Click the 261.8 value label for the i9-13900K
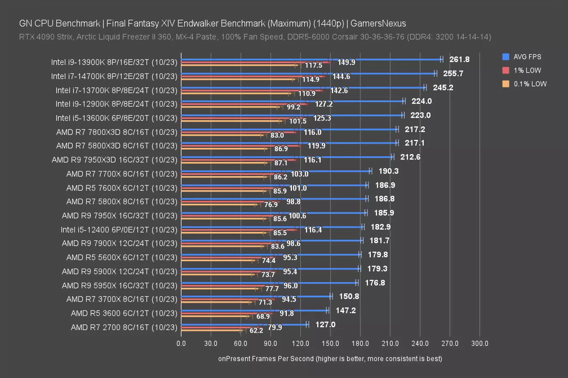[x=459, y=60]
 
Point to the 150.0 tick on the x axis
[x=330, y=344]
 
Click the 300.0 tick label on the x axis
[x=479, y=344]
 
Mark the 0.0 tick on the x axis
[x=181, y=344]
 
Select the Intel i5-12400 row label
[x=119, y=230]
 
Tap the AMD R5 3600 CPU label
[x=124, y=313]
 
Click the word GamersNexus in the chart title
[x=378, y=24]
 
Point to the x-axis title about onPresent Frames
[x=330, y=359]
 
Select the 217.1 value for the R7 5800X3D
[x=414, y=143]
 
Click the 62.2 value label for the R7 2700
[x=256, y=331]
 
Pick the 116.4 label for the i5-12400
[x=313, y=230]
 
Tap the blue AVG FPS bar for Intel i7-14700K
[x=308, y=73]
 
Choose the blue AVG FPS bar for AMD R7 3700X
[x=256, y=297]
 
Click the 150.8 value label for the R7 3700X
[x=349, y=297]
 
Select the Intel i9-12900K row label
[x=116, y=104]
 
